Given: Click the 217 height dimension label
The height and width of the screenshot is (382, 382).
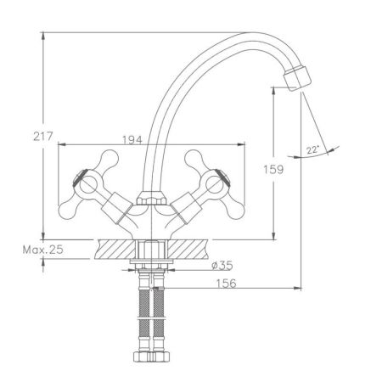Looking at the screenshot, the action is click(x=43, y=137).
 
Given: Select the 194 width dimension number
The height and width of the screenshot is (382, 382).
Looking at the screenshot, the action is click(x=132, y=140).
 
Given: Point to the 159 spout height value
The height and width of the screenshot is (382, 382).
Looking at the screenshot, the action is click(x=273, y=170).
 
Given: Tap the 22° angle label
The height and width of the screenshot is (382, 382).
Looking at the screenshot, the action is click(x=312, y=149).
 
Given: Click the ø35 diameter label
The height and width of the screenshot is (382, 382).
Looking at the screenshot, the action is click(x=222, y=266).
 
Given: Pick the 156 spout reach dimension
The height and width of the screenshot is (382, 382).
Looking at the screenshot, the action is click(x=226, y=284).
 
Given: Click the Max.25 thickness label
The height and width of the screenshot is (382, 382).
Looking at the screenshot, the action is click(x=43, y=250).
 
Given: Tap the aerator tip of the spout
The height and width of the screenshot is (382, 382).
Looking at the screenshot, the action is click(x=297, y=78).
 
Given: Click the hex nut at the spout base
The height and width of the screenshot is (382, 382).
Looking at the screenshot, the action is click(x=152, y=198).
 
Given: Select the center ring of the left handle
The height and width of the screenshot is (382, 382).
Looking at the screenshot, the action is click(x=88, y=185).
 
